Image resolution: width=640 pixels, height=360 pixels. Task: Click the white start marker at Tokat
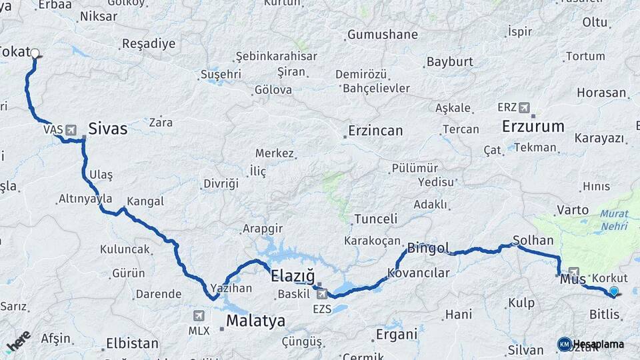pyautogui.click(x=35, y=53)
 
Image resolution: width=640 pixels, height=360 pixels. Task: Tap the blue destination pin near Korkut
pyautogui.click(x=613, y=291)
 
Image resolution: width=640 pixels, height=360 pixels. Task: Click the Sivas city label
pyautogui.click(x=107, y=129)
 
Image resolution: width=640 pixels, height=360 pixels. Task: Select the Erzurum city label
pyautogui.click(x=533, y=126)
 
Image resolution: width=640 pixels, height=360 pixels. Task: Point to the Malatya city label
pyautogui.click(x=255, y=321)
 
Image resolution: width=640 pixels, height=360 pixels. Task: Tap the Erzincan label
pyautogui.click(x=375, y=131)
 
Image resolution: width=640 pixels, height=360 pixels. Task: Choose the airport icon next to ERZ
pyautogui.click(x=525, y=107)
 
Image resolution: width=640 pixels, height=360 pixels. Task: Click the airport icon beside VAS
pyautogui.click(x=71, y=129)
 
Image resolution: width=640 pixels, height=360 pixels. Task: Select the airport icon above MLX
pyautogui.click(x=199, y=315)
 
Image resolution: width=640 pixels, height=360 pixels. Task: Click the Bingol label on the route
pyautogui.click(x=428, y=248)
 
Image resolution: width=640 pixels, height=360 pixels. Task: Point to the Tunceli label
pyautogui.click(x=375, y=219)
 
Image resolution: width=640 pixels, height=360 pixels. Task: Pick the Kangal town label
pyautogui.click(x=145, y=201)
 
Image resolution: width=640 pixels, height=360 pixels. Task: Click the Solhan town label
pyautogui.click(x=533, y=239)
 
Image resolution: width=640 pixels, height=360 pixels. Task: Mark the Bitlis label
pyautogui.click(x=605, y=313)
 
